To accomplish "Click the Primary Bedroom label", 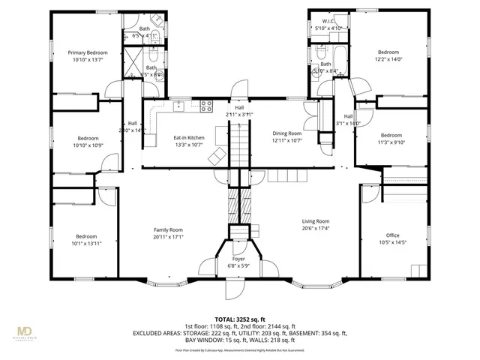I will tap(88, 52).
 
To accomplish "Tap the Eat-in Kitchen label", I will tap(189, 138).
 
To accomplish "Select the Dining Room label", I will tap(286, 133).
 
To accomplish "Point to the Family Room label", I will tap(168, 230).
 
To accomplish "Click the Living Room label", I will tap(316, 221).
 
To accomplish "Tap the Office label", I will tap(393, 235).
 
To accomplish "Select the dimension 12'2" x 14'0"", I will tap(389, 59).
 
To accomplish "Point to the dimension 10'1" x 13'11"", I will tap(86, 243).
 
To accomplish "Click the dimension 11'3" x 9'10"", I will tap(391, 142).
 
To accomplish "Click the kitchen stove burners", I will tap(206, 107).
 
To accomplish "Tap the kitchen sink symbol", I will tap(180, 107).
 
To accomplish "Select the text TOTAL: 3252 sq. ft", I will tap(240, 318).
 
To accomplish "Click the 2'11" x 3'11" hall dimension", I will tap(239, 114).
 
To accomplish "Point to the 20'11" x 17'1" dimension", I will tap(168, 237).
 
